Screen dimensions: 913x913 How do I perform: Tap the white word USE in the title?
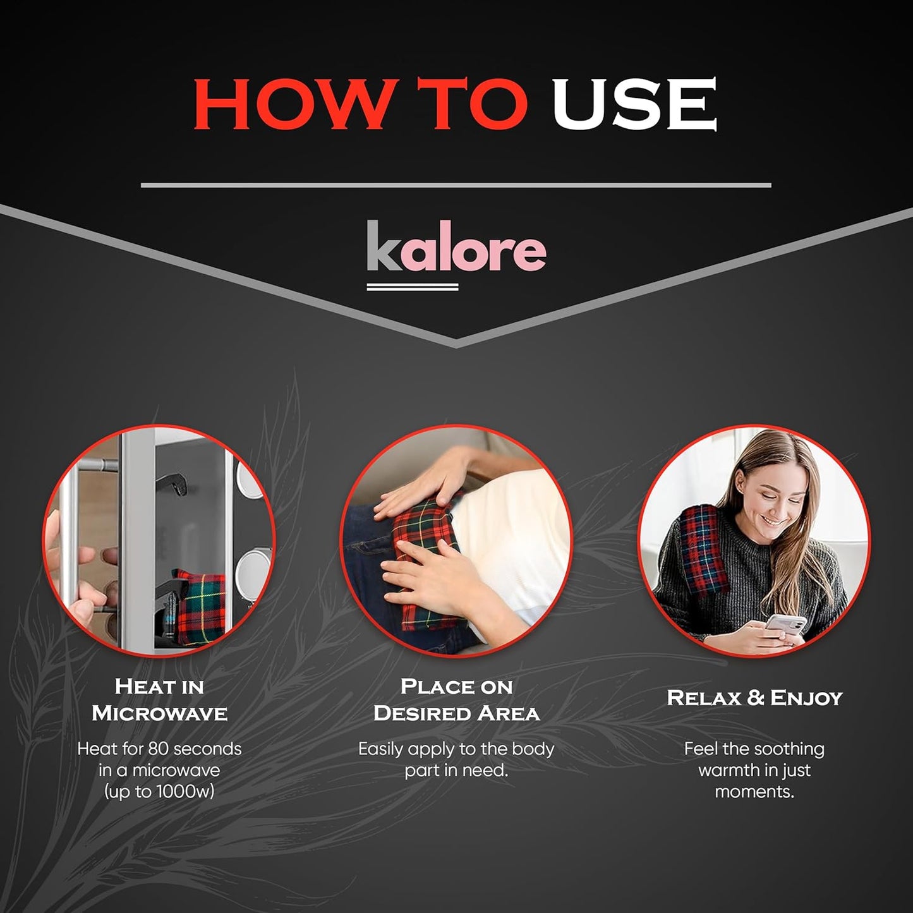[634, 104]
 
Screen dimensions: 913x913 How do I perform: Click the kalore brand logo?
[456, 251]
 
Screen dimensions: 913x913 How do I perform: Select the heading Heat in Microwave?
[159, 700]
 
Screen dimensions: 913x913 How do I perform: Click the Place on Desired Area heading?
[456, 700]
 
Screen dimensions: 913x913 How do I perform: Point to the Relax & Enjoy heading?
[754, 698]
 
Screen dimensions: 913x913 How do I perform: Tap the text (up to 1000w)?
[159, 791]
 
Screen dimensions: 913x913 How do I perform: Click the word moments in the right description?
[754, 791]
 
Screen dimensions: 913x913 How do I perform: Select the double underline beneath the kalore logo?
[412, 287]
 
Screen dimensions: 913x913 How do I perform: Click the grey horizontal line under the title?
[456, 185]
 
